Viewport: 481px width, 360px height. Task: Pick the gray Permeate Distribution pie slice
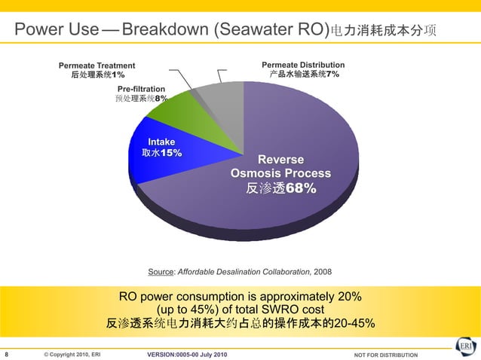pos(226,102)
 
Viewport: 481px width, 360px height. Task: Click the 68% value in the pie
pos(299,188)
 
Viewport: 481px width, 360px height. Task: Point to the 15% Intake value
pos(171,153)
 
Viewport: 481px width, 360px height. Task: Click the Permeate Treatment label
pos(97,66)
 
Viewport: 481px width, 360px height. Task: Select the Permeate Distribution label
pos(303,66)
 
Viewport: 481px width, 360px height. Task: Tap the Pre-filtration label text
pos(141,89)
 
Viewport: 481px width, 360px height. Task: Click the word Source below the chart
pos(161,271)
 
